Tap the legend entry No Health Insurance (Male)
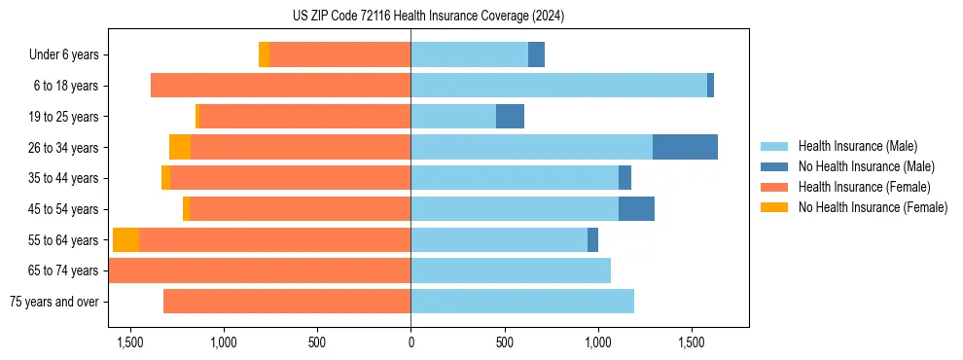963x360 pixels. click(866, 166)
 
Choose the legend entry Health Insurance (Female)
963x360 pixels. click(864, 187)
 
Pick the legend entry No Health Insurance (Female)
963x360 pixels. click(873, 207)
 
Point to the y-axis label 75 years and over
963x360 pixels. click(53, 302)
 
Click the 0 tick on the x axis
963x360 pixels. click(410, 343)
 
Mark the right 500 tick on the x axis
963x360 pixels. click(504, 343)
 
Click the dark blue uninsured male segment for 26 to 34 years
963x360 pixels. click(685, 147)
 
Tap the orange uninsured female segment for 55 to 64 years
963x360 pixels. click(125, 240)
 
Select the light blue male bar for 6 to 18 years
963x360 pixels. click(558, 86)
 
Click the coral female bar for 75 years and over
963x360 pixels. click(287, 302)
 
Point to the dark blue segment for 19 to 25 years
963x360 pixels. click(510, 117)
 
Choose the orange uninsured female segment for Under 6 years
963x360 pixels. click(264, 55)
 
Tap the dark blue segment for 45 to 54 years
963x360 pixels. click(636, 209)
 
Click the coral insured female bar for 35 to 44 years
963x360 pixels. click(290, 178)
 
